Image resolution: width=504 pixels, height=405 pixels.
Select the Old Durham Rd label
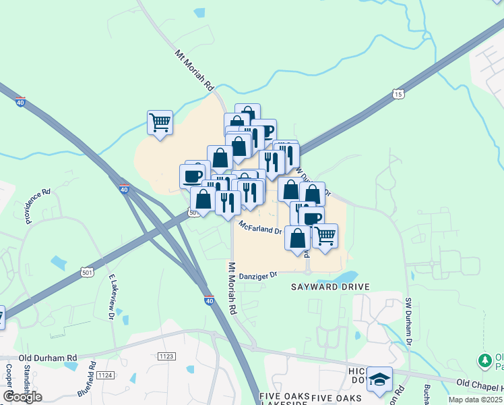(x=48, y=358)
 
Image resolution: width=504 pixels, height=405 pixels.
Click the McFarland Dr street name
(x=259, y=227)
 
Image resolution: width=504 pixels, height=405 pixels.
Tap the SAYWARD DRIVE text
(x=330, y=287)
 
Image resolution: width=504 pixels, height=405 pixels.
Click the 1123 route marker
(x=165, y=356)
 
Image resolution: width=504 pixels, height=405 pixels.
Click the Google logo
(x=22, y=397)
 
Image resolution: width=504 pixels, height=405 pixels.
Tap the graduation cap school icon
(x=379, y=380)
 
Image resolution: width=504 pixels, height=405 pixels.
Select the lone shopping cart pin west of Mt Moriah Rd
(x=160, y=123)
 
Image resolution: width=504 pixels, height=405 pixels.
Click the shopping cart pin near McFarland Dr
(x=325, y=236)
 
